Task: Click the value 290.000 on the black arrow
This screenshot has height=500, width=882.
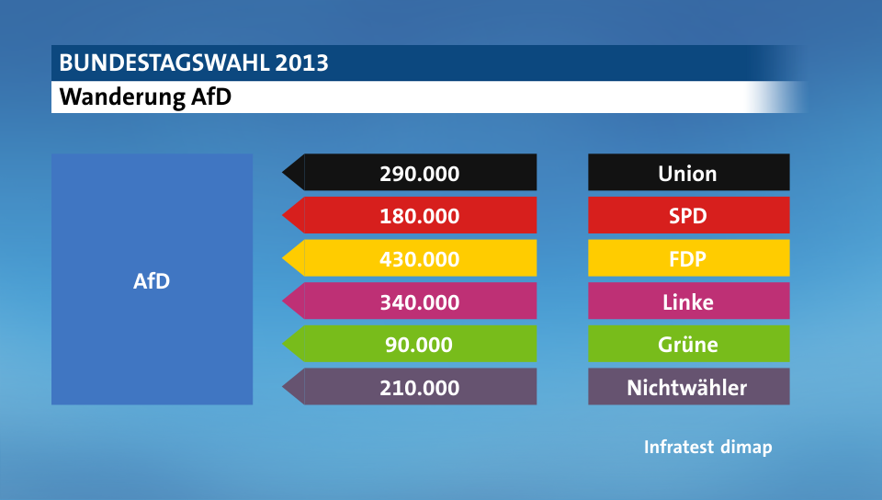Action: pyautogui.click(x=420, y=174)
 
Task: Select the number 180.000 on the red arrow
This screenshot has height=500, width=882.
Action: pyautogui.click(x=420, y=217)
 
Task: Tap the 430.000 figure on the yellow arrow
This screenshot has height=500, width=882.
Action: pyautogui.click(x=420, y=259)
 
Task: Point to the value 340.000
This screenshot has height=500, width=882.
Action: pyautogui.click(x=420, y=302)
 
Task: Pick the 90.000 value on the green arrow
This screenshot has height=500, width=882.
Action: pyautogui.click(x=420, y=345)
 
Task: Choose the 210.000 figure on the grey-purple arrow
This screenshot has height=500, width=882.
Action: pyautogui.click(x=420, y=388)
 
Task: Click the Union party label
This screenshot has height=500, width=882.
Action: pyautogui.click(x=687, y=174)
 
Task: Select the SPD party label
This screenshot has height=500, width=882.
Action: pyautogui.click(x=687, y=217)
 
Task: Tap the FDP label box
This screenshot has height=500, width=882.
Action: pyautogui.click(x=687, y=259)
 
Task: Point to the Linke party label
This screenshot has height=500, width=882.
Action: pyautogui.click(x=687, y=302)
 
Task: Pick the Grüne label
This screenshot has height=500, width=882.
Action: pyautogui.click(x=687, y=345)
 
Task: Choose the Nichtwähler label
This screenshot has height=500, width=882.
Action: pyautogui.click(x=687, y=388)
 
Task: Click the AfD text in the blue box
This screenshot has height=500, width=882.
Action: pyautogui.click(x=152, y=281)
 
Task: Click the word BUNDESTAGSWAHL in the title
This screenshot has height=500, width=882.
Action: pyautogui.click(x=164, y=63)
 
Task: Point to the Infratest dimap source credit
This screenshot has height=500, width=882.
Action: pyautogui.click(x=707, y=448)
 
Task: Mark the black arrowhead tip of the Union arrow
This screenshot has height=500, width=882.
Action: pyautogui.click(x=286, y=173)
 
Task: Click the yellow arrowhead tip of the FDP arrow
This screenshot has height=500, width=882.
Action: pyautogui.click(x=286, y=258)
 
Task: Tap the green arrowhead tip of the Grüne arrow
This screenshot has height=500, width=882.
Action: pyautogui.click(x=286, y=344)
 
